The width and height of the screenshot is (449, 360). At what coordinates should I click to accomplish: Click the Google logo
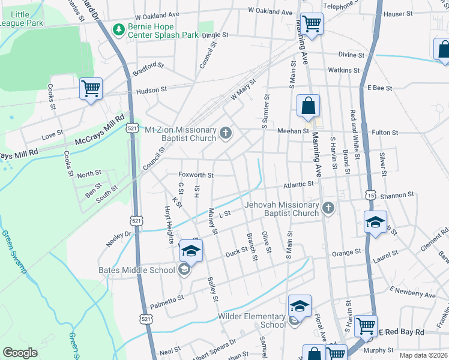pyautogui.click(x=20, y=353)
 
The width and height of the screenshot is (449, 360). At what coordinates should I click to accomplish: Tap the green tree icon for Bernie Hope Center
pyautogui.click(x=118, y=29)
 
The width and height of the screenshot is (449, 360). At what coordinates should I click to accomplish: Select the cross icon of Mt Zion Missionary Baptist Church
pyautogui.click(x=226, y=133)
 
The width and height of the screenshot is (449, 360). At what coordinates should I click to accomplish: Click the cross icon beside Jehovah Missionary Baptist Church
pyautogui.click(x=327, y=208)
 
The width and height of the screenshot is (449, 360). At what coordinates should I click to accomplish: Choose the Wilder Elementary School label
pyautogui.click(x=252, y=320)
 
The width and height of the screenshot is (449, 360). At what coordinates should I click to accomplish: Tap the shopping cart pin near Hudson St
pyautogui.click(x=91, y=89)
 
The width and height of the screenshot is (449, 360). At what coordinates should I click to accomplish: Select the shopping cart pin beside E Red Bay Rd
pyautogui.click(x=366, y=326)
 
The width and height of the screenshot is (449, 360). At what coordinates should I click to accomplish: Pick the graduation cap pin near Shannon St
pyautogui.click(x=375, y=221)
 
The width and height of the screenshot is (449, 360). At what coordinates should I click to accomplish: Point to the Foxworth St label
pyautogui.click(x=196, y=175)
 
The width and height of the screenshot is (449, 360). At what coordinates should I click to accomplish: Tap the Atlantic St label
pyautogui.click(x=299, y=185)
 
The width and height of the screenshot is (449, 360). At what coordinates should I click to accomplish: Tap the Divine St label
pyautogui.click(x=351, y=55)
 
